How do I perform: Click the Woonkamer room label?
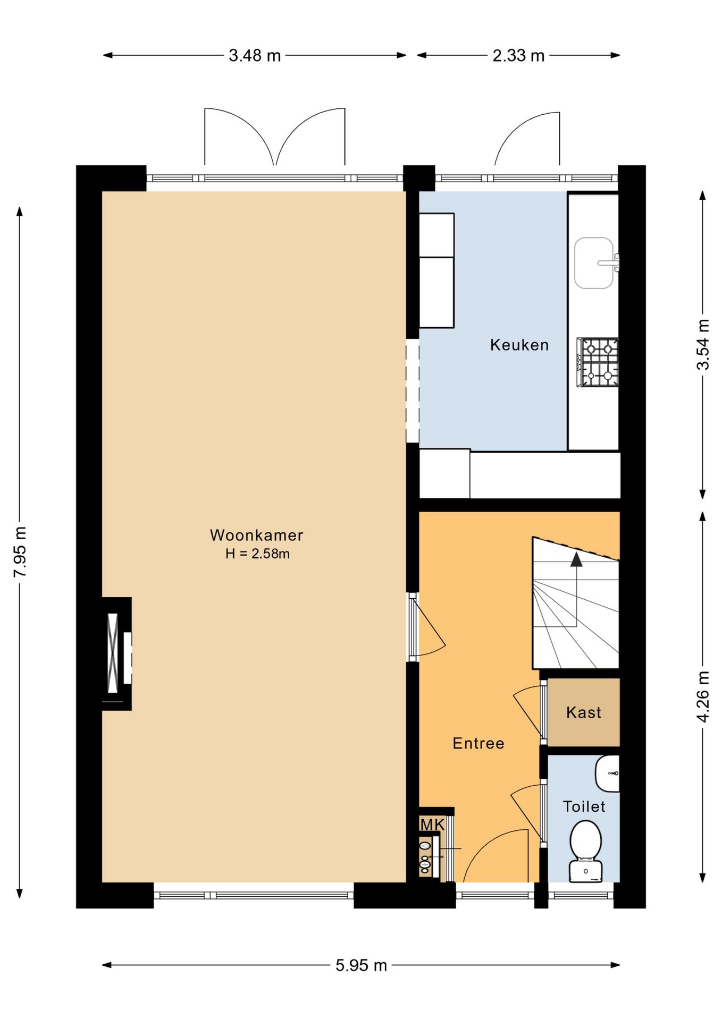[x=256, y=535]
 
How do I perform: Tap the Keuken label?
[x=519, y=345]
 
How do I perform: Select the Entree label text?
[x=478, y=743]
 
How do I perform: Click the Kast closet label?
[x=584, y=712]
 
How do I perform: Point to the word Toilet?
[x=584, y=806]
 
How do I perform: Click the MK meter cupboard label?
[x=432, y=824]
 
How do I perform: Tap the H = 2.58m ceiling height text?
[x=257, y=554]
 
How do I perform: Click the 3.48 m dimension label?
[x=255, y=55]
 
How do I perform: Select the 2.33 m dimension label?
[x=518, y=55]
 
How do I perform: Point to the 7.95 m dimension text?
[x=20, y=552]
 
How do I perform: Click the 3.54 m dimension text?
[x=703, y=344]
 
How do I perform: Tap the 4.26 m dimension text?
[x=703, y=696]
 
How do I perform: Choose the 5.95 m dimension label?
[x=361, y=965]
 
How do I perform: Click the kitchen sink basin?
[x=594, y=263]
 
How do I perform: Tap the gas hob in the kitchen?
[x=598, y=362]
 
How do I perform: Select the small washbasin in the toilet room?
[x=607, y=773]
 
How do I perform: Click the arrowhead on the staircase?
[x=576, y=559]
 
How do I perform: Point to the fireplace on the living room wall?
[x=117, y=653]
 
